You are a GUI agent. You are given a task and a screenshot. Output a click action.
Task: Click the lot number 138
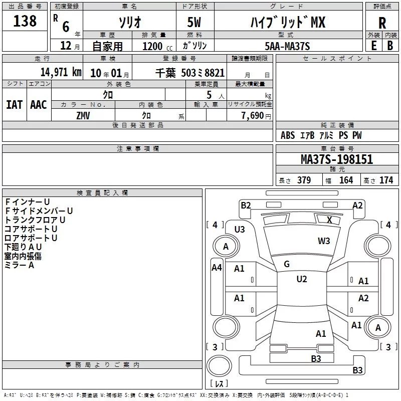click(x=25, y=21)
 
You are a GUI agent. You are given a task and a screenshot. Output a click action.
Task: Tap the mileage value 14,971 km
click(x=61, y=72)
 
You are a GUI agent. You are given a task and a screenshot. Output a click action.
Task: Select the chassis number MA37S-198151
click(x=337, y=159)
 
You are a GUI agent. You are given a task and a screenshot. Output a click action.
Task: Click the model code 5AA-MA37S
click(x=287, y=46)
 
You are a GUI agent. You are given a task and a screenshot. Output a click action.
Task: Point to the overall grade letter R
click(x=382, y=23)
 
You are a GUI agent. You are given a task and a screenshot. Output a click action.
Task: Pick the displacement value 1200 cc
click(x=157, y=46)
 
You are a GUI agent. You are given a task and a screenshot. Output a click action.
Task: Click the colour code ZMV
click(x=83, y=116)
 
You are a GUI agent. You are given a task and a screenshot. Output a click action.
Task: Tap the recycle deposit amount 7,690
click(x=253, y=115)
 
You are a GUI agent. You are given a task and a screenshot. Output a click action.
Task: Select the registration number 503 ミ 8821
click(x=203, y=73)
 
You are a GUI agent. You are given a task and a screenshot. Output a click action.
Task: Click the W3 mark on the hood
click(x=324, y=241)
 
